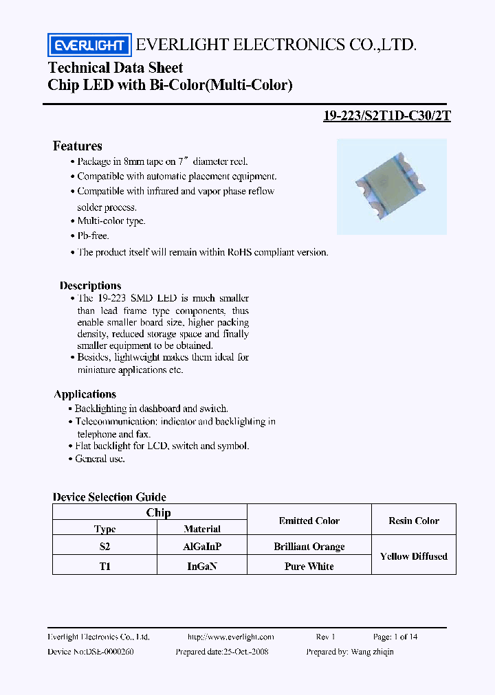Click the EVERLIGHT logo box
pyautogui.click(x=89, y=45)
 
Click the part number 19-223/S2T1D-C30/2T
pyautogui.click(x=386, y=115)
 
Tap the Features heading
pyautogui.click(x=78, y=146)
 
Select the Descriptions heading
pyautogui.click(x=90, y=286)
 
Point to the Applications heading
pyautogui.click(x=85, y=394)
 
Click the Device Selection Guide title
pyautogui.click(x=109, y=497)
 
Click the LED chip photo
pyautogui.click(x=391, y=186)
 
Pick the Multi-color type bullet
pyautogui.click(x=111, y=221)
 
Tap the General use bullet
pyautogui.click(x=100, y=459)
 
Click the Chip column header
pyautogui.click(x=158, y=512)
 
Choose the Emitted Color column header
pyautogui.click(x=309, y=521)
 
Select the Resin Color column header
pyautogui.click(x=413, y=521)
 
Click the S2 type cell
pyautogui.click(x=104, y=547)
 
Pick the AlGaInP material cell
pyautogui.click(x=202, y=547)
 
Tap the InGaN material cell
pyautogui.click(x=202, y=566)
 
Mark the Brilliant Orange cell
pyautogui.click(x=309, y=547)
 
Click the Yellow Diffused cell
pyautogui.click(x=413, y=556)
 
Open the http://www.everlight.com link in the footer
pyautogui.click(x=230, y=637)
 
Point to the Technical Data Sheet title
pyautogui.click(x=115, y=67)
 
